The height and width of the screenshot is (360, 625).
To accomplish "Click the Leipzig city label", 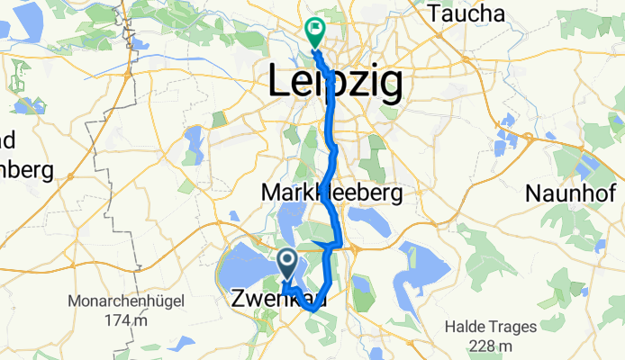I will [334, 82].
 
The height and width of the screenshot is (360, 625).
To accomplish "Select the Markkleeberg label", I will [331, 193].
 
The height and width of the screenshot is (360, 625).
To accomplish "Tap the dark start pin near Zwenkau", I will [287, 264].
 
